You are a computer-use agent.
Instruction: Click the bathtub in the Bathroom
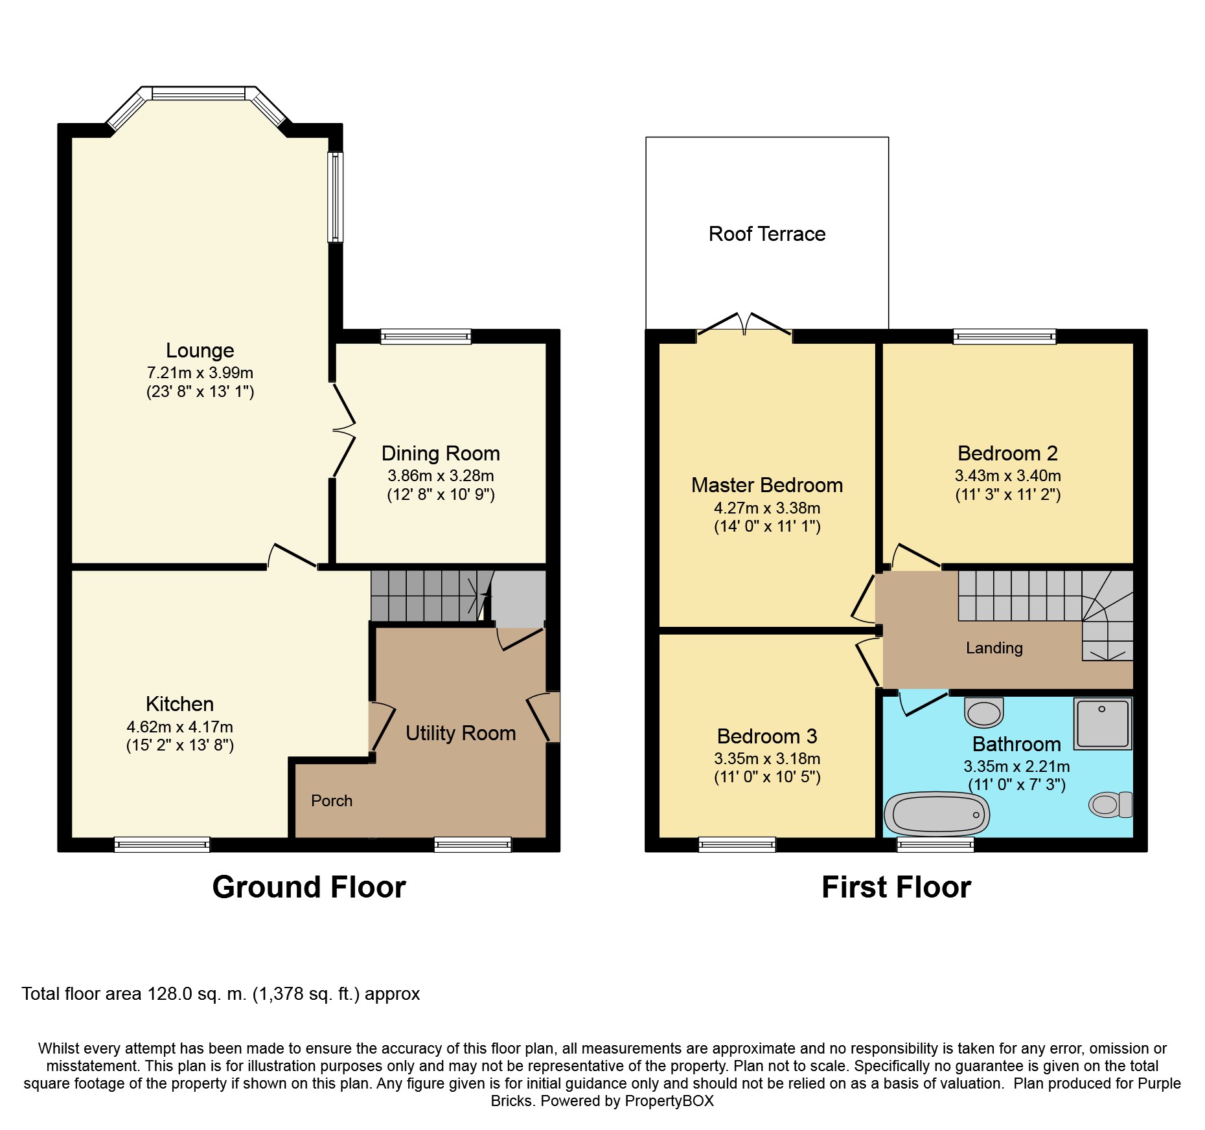click(x=937, y=813)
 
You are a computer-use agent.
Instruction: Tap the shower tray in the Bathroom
click(x=1103, y=723)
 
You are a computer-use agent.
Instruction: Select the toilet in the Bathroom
click(x=1110, y=805)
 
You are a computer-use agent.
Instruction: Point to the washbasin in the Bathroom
click(x=984, y=712)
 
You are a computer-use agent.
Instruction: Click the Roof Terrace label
click(x=767, y=234)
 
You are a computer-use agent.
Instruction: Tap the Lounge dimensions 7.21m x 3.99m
click(x=200, y=373)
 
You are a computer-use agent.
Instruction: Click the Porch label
click(x=332, y=800)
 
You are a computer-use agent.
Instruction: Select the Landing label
click(x=994, y=648)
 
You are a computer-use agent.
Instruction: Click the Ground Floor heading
click(x=309, y=887)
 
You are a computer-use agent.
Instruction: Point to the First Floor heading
click(x=897, y=887)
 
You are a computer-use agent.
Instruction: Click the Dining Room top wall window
click(x=426, y=336)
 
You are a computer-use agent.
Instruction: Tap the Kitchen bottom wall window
click(x=162, y=844)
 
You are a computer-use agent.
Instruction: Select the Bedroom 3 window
click(x=737, y=844)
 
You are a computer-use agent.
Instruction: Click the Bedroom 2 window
click(x=1005, y=336)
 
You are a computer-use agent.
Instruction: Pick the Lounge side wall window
click(x=335, y=197)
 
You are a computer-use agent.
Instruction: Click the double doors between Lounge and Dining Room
click(x=343, y=430)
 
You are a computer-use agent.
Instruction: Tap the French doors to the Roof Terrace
click(x=744, y=324)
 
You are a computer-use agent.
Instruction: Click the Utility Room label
click(x=461, y=733)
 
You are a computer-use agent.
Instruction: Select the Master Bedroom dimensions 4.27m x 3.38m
click(x=767, y=508)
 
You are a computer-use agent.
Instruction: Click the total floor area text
click(x=221, y=994)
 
